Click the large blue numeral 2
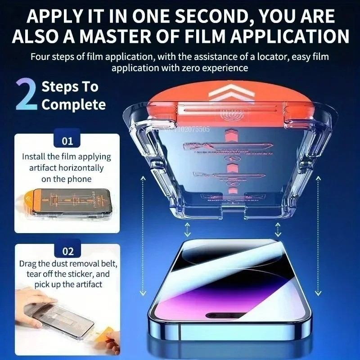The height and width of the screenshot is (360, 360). point(26,95)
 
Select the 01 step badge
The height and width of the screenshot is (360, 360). point(67,141)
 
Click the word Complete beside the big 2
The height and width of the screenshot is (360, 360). point(74,105)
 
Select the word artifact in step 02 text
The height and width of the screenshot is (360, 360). point(87,284)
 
